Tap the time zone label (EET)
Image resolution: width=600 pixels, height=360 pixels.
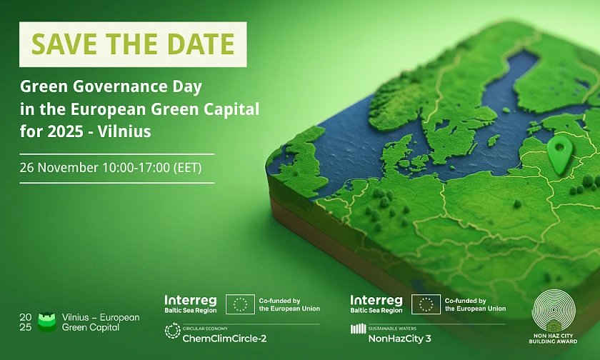(187, 168)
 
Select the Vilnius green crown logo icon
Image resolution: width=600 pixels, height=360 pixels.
(47, 322)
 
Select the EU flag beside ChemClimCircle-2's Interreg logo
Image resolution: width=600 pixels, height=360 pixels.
(240, 304)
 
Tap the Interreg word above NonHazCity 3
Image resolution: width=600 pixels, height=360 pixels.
(376, 300)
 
